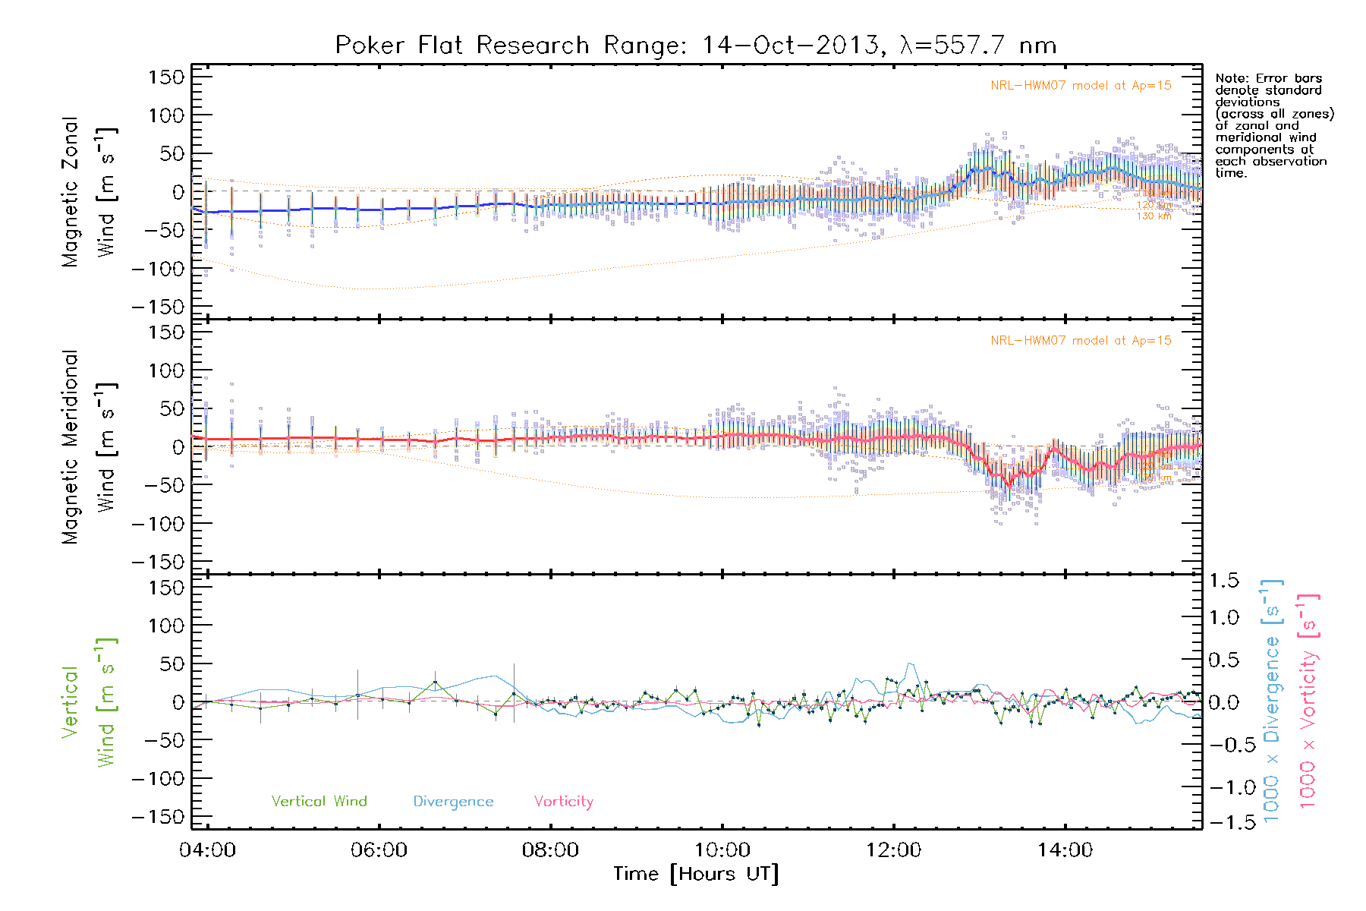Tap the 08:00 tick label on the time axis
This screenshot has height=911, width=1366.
tap(550, 850)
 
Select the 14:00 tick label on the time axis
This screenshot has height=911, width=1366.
tap(1065, 850)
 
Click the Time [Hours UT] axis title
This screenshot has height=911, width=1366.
tap(696, 874)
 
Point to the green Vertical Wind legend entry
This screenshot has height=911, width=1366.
tap(319, 801)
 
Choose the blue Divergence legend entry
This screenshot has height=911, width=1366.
tap(453, 802)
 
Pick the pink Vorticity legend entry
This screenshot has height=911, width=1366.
tap(563, 801)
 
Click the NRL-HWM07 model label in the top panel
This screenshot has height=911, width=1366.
tap(1081, 86)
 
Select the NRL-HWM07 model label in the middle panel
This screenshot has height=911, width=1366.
tap(1081, 341)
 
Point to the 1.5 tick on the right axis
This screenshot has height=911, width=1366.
tap(1223, 581)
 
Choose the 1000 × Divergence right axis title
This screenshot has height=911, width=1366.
tap(1272, 701)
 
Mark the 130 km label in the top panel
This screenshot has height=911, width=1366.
tap(1154, 216)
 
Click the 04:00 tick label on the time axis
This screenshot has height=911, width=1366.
tap(207, 850)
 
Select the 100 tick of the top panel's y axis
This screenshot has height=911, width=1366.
tap(166, 115)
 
